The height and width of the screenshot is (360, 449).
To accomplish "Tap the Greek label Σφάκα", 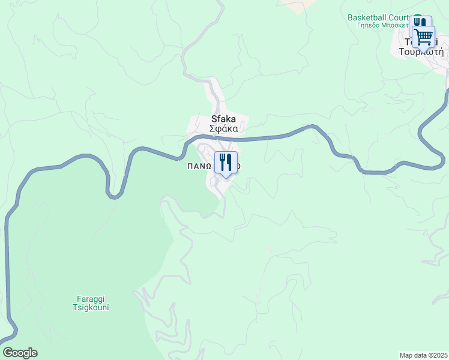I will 224,128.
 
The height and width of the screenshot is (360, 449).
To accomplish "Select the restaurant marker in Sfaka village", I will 226,162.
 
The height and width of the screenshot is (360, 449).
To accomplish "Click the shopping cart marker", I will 424,37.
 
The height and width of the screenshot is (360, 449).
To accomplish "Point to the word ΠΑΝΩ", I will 198,167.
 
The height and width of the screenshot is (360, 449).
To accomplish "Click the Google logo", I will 20,353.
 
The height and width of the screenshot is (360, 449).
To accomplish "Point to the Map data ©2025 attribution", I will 423,355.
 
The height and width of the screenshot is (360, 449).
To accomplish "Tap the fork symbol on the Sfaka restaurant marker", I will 222,161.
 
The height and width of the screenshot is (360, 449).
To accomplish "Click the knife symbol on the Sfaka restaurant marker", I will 229,161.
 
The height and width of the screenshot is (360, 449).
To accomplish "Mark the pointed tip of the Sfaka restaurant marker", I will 226,178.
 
